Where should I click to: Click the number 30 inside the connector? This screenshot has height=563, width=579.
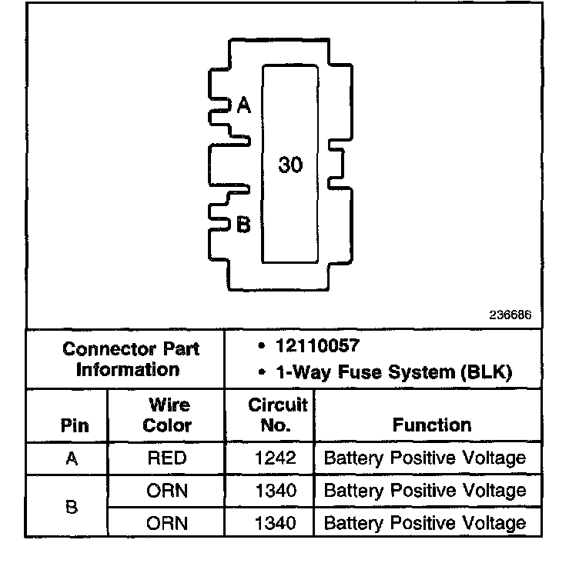(x=290, y=165)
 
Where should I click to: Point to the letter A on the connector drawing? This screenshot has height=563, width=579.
(x=244, y=105)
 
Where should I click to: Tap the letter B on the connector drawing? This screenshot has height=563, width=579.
(x=243, y=225)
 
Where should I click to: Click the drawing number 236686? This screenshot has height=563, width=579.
(x=510, y=315)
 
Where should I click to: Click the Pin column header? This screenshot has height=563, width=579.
(x=73, y=425)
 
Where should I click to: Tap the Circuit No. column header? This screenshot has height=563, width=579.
(x=277, y=415)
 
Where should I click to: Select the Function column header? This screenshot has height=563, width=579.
(x=431, y=425)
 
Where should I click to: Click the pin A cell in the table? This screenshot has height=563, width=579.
(x=72, y=458)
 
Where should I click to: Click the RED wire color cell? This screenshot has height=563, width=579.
(x=166, y=458)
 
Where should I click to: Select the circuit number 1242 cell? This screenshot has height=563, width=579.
(x=275, y=458)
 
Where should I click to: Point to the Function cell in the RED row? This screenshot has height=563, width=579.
(x=425, y=458)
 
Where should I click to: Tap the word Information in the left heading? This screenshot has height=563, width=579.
(x=127, y=369)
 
